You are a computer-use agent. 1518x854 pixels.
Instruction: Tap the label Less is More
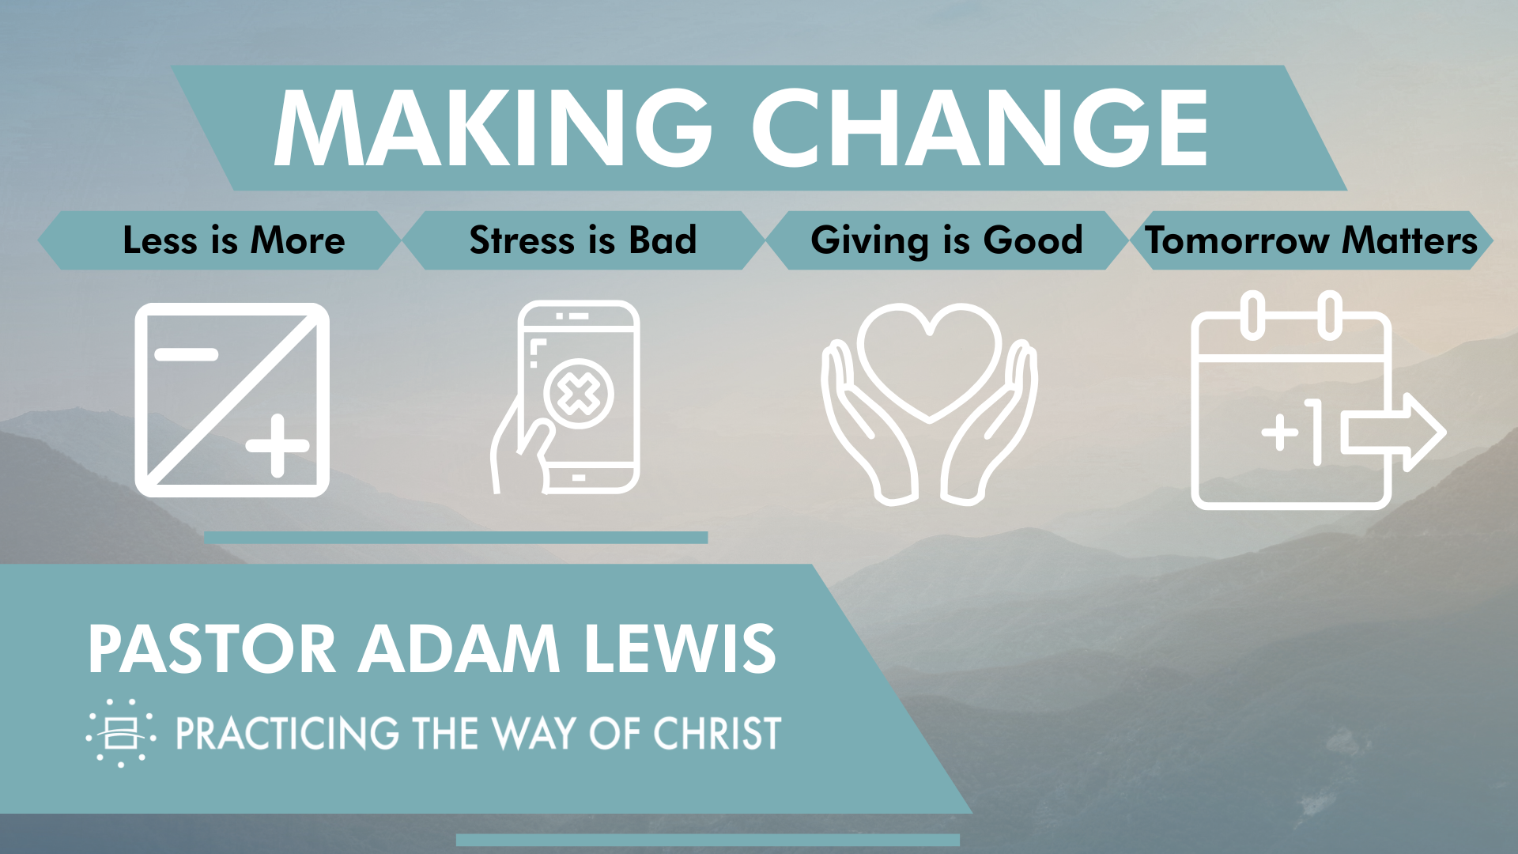[234, 240]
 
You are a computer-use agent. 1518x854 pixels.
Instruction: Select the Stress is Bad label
[583, 240]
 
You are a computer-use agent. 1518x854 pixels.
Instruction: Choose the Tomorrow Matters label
[1312, 240]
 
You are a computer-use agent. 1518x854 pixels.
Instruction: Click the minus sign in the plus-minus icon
[187, 354]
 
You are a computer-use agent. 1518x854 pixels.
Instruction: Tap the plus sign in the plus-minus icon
[277, 446]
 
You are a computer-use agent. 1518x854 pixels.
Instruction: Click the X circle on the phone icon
[579, 394]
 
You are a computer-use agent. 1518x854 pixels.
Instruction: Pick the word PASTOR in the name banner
[212, 649]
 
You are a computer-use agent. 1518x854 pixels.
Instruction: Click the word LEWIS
[680, 649]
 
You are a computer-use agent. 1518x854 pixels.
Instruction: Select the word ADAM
[459, 649]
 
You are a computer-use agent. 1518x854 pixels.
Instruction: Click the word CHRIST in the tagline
[717, 733]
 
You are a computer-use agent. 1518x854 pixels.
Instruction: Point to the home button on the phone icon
[579, 478]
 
